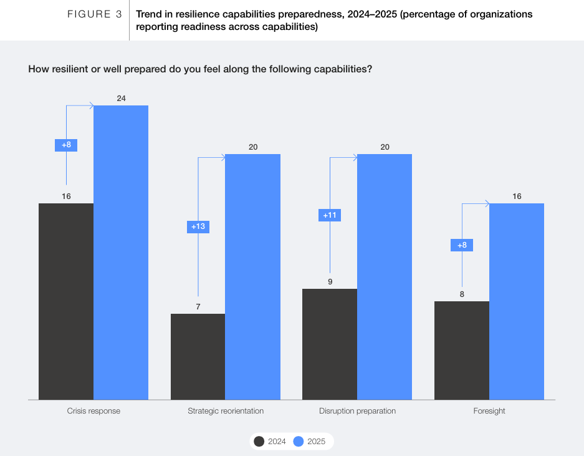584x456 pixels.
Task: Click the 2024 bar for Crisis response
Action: (x=66, y=301)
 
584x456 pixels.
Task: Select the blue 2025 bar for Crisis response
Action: (x=121, y=253)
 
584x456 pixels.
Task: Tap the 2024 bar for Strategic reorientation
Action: (x=198, y=356)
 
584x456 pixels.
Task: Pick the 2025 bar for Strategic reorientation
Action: (x=252, y=277)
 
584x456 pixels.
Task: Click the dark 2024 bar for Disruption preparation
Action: (x=330, y=344)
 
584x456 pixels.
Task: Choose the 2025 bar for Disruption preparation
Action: (x=385, y=277)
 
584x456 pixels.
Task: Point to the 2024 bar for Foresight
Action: (x=462, y=350)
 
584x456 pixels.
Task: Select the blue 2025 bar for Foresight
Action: (x=517, y=301)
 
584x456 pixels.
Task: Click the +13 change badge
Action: (x=198, y=226)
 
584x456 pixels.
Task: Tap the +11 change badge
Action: (x=330, y=215)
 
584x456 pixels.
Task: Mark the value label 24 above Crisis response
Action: (x=121, y=98)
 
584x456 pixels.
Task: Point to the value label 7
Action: (x=198, y=306)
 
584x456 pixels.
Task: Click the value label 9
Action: (x=330, y=281)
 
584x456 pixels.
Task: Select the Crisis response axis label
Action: (x=93, y=411)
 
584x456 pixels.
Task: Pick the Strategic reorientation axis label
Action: (x=226, y=411)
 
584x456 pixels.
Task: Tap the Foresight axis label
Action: (x=489, y=411)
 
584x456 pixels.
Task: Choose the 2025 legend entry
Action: (x=310, y=442)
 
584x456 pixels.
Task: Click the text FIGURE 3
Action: (x=94, y=14)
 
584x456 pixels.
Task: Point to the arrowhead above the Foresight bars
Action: (x=487, y=203)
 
